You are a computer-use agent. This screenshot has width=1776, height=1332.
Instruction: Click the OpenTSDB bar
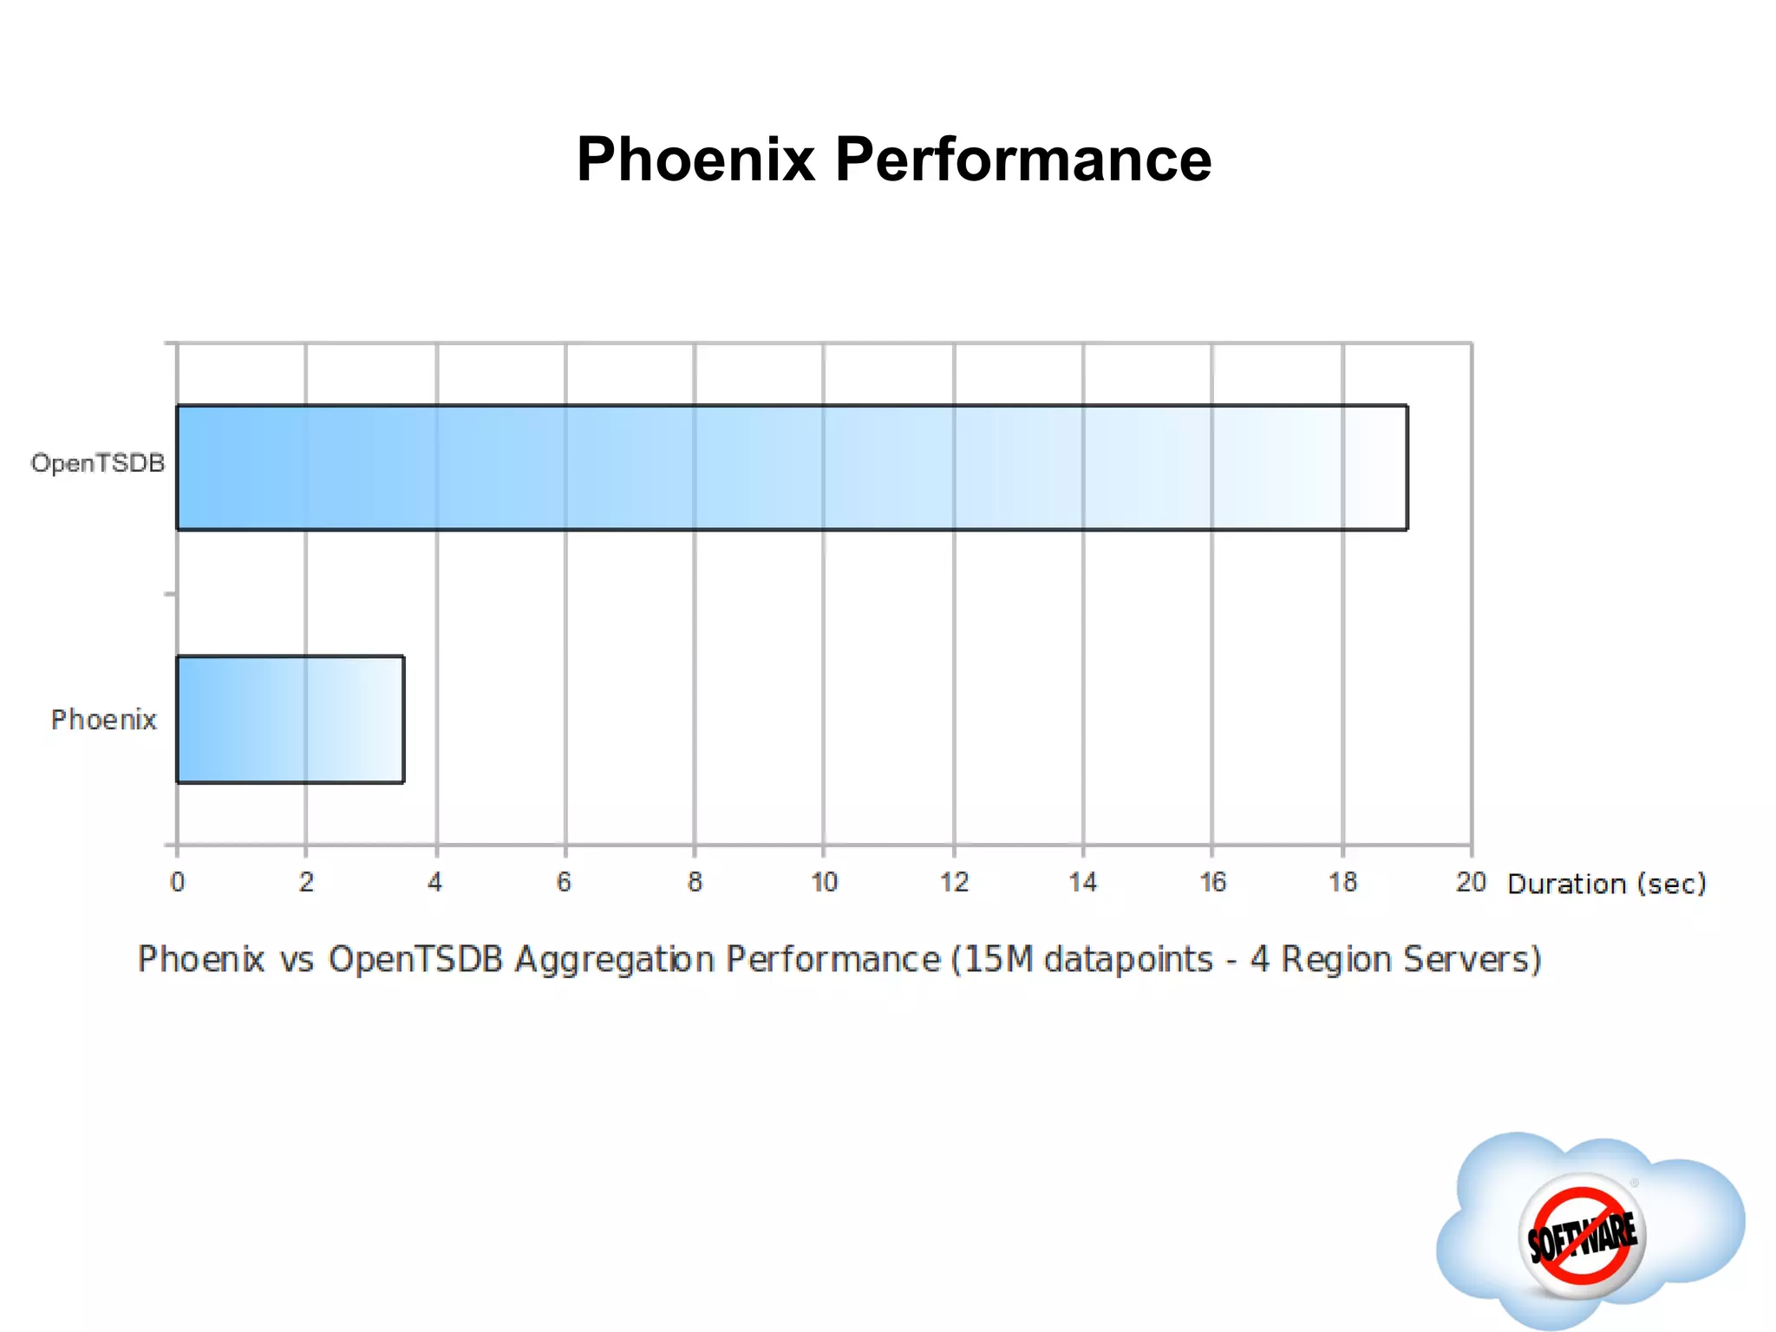pyautogui.click(x=791, y=467)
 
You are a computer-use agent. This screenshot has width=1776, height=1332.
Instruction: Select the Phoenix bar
pyautogui.click(x=290, y=719)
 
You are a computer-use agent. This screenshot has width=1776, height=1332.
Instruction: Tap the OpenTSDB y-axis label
pyautogui.click(x=98, y=463)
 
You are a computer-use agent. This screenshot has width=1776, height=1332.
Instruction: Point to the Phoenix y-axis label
pyautogui.click(x=104, y=720)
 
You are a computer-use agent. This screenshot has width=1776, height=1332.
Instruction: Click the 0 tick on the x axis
pyautogui.click(x=178, y=882)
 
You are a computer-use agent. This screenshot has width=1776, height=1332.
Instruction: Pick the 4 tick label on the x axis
pyautogui.click(x=435, y=882)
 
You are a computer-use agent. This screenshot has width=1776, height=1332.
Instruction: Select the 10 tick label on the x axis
pyautogui.click(x=824, y=882)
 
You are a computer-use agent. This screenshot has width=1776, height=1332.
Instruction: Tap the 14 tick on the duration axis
pyautogui.click(x=1083, y=882)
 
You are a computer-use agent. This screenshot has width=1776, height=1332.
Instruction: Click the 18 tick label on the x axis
pyautogui.click(x=1342, y=882)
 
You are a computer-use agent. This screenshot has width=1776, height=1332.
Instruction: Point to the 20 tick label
pyautogui.click(x=1471, y=882)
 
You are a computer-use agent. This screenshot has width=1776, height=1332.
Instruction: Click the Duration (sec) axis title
pyautogui.click(x=1607, y=884)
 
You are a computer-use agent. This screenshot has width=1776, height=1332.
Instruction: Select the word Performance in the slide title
pyautogui.click(x=1023, y=160)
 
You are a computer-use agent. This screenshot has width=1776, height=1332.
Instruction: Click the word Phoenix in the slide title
pyautogui.click(x=696, y=160)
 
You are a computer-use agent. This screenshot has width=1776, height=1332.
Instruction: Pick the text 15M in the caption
pyautogui.click(x=998, y=959)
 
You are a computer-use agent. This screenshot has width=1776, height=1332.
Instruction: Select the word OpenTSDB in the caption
pyautogui.click(x=415, y=959)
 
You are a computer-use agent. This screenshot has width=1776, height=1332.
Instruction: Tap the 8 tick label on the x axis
pyautogui.click(x=695, y=882)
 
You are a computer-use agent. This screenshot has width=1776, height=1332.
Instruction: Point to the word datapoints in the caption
pyautogui.click(x=1128, y=960)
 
